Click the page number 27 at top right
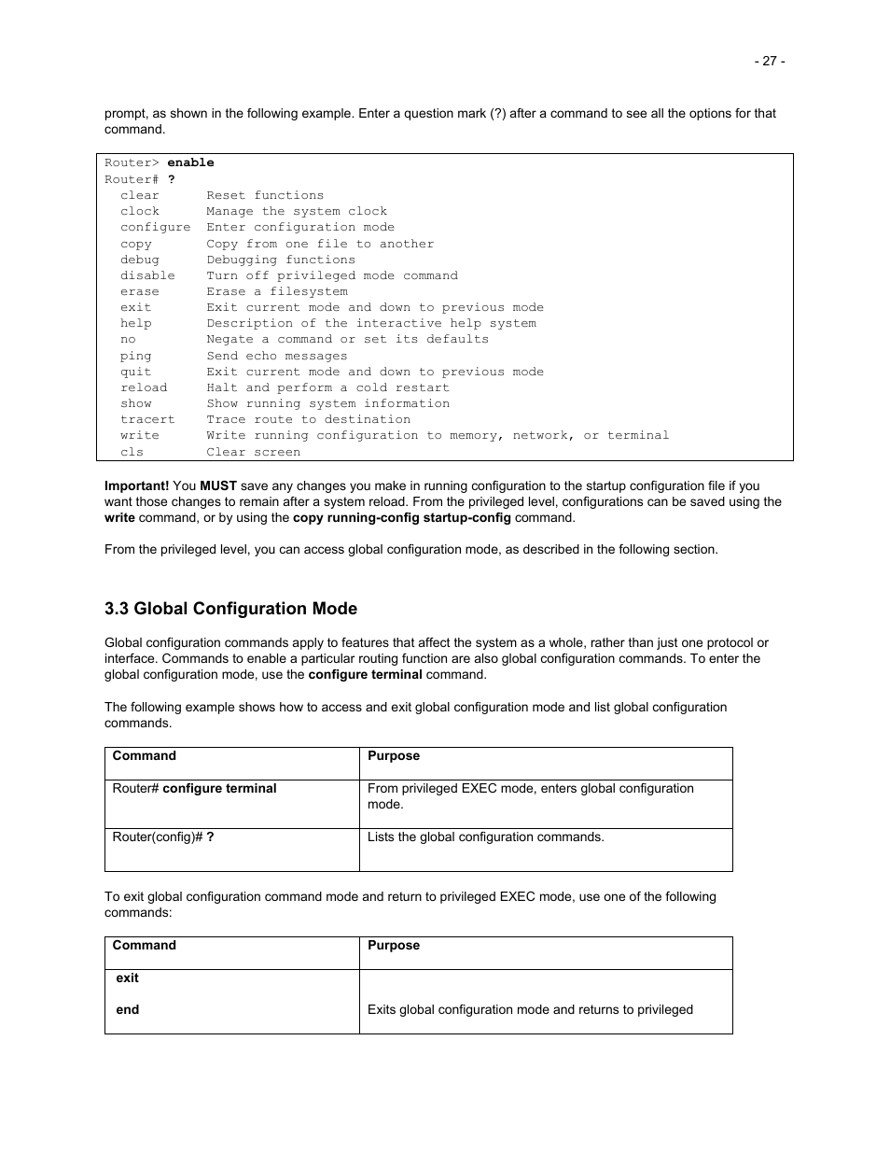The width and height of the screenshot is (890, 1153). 769,61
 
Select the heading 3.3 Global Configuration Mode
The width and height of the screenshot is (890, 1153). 230,609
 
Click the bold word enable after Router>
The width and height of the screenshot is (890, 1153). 190,162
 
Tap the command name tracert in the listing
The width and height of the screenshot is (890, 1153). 147,419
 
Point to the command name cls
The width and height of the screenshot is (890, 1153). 132,452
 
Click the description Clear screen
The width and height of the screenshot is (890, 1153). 253,452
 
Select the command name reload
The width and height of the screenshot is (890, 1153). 144,387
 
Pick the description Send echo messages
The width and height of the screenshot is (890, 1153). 276,356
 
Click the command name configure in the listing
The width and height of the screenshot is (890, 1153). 155,227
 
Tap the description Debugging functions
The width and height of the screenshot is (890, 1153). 281,260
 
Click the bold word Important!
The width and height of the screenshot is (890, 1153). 136,485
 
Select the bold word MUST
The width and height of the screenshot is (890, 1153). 218,485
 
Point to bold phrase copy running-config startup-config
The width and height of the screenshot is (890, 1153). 401,517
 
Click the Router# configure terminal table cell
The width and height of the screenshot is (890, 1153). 194,789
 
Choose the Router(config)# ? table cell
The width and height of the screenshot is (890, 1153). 163,837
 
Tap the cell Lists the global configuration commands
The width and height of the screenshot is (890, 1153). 485,837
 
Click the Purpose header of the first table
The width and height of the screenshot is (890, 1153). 394,756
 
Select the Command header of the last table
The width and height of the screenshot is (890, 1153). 144,946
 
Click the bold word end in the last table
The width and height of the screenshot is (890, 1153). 128,1009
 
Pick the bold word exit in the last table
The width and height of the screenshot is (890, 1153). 127,978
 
